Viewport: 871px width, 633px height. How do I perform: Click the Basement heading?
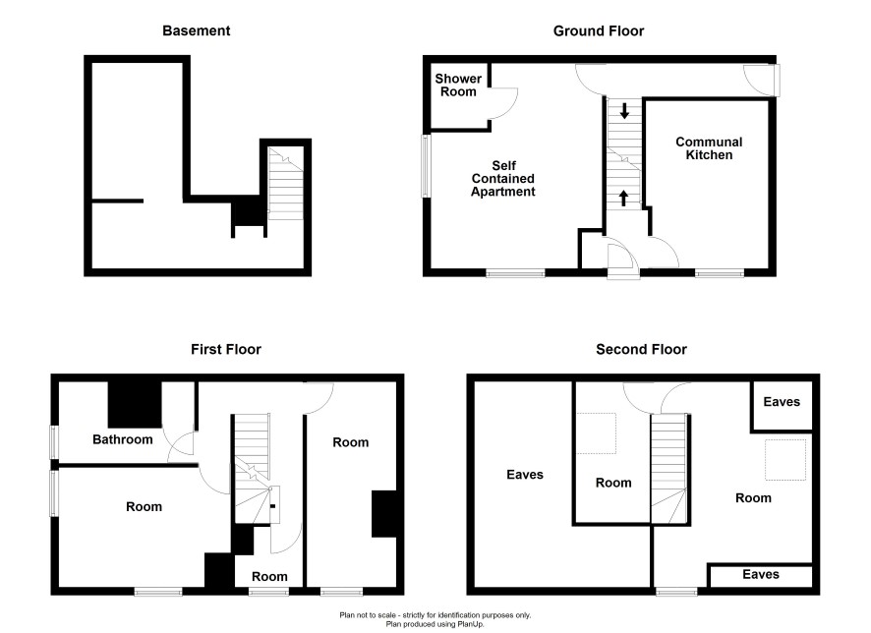point(196,30)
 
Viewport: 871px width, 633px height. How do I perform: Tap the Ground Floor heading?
point(599,30)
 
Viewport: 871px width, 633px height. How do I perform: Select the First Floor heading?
point(226,349)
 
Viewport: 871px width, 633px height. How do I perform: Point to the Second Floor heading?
point(641,349)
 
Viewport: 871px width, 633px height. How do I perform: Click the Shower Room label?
point(458,85)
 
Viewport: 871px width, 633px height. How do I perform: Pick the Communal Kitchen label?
point(709,148)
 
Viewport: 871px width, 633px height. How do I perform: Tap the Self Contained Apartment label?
point(503,178)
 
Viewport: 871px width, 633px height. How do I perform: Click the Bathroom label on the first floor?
point(122,439)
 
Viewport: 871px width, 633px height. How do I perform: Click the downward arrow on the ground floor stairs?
point(624,110)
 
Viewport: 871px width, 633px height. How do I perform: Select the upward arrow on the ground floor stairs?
point(623,199)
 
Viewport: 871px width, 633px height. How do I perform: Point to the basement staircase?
point(286,183)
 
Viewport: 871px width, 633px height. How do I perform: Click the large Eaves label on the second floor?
point(525,475)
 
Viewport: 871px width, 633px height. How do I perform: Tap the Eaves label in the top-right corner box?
point(782,402)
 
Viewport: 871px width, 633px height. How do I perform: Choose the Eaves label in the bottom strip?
point(761,574)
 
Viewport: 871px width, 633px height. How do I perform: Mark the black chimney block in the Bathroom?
point(135,404)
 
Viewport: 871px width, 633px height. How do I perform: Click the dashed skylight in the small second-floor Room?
point(596,433)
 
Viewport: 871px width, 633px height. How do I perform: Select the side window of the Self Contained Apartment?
point(426,165)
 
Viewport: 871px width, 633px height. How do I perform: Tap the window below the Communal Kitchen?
point(720,272)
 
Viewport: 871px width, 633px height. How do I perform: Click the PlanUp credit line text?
point(435,624)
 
